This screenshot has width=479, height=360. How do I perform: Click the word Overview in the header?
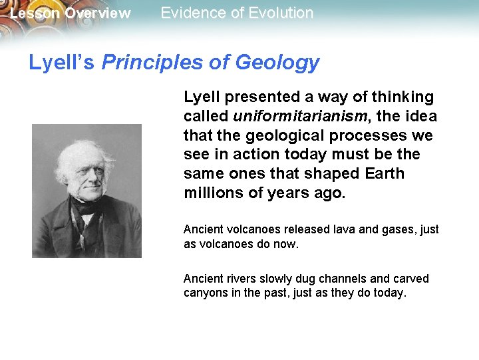(x=98, y=13)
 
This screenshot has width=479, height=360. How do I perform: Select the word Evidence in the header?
(x=191, y=13)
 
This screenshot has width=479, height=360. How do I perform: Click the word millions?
(x=210, y=193)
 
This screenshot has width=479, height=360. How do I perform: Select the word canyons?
(x=204, y=292)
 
